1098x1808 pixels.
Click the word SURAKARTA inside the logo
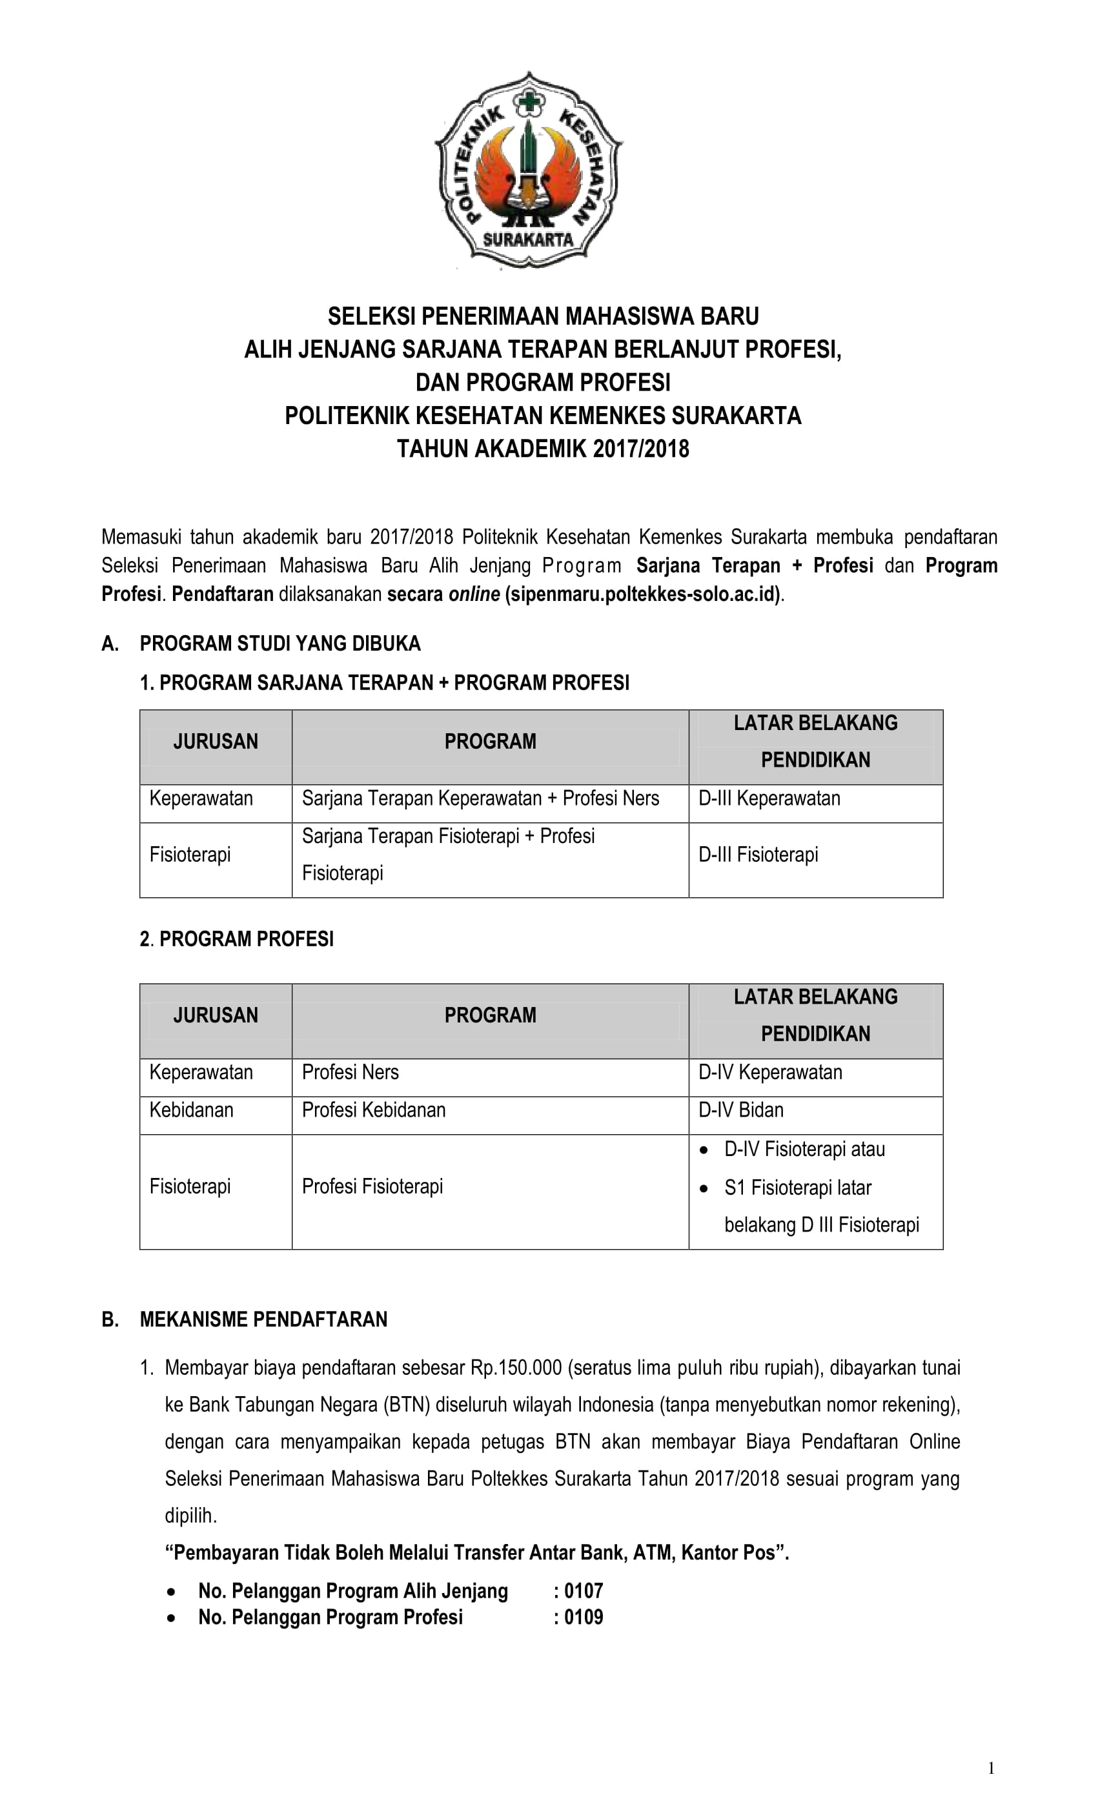[528, 239]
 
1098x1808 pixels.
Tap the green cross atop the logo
[529, 101]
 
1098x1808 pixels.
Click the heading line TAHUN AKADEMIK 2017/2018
[543, 449]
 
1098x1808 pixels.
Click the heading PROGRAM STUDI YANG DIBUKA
[280, 644]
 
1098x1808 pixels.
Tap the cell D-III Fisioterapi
[758, 855]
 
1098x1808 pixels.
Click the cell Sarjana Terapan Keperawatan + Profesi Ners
[480, 798]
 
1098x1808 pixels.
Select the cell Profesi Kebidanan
[374, 1110]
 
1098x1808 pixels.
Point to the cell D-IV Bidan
[740, 1110]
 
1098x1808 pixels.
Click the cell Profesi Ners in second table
[350, 1072]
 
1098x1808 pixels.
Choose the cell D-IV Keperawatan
[770, 1072]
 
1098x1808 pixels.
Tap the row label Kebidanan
[192, 1110]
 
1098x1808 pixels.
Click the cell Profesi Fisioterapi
[372, 1186]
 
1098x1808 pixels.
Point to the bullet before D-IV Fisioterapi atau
[704, 1150]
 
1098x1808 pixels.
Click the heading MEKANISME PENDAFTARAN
[263, 1319]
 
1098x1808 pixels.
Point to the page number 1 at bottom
[991, 1769]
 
